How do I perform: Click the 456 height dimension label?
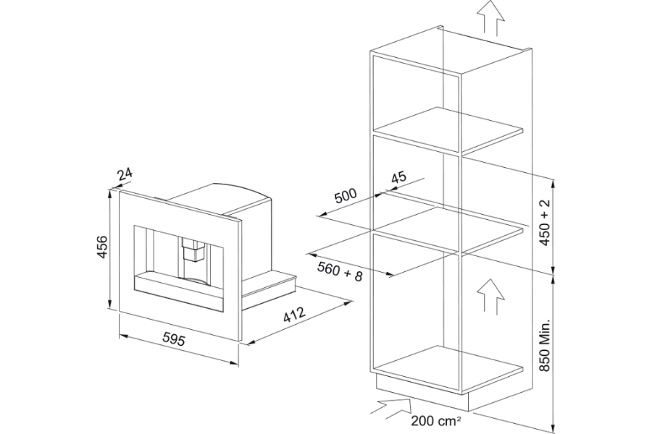point(102,247)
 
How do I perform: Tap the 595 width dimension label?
point(173,339)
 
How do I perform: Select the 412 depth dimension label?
point(294,315)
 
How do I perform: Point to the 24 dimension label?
point(125,174)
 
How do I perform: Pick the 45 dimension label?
point(398,178)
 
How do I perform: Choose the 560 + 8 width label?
point(340,272)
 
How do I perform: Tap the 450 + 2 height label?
point(545,222)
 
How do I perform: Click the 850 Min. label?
point(545,346)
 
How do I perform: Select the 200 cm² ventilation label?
point(436,421)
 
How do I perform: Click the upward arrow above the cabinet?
point(491,16)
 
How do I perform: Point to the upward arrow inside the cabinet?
point(490,296)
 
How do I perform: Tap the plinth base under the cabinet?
point(423,393)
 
